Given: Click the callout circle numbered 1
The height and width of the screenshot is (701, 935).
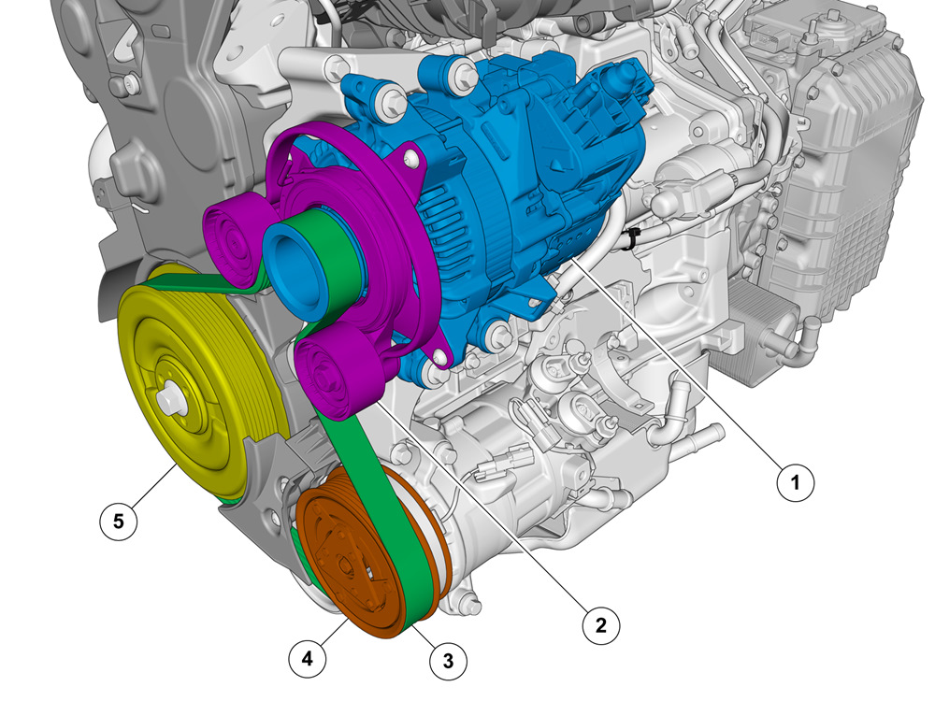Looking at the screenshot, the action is [796, 481].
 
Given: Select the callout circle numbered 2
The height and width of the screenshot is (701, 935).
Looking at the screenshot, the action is [601, 625].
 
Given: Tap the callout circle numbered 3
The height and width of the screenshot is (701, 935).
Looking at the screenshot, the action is [449, 661].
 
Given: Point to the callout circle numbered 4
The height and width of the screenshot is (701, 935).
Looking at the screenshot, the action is [308, 659].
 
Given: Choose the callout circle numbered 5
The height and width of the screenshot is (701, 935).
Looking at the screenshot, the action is [119, 522].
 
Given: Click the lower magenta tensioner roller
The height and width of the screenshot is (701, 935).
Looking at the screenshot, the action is [337, 373].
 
